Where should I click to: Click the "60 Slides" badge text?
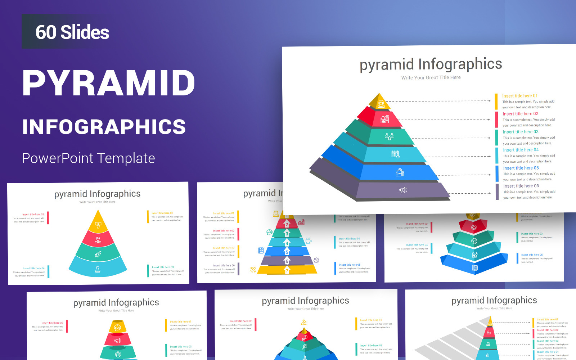pos(72,32)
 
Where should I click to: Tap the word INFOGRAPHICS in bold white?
pos(104,127)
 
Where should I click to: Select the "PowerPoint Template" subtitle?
pos(89,158)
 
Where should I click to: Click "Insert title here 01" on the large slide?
pos(520,96)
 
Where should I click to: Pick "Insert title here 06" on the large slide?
pos(521,186)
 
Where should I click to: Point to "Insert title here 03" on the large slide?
pos(521,132)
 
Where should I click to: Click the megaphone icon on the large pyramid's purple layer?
pos(403,190)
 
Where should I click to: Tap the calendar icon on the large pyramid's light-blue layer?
pos(395,154)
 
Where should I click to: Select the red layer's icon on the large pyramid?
pos(385,119)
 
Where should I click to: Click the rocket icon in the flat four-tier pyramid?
pos(98,255)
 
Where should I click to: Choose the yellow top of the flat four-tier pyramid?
pos(98,224)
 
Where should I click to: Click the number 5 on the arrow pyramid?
pos(287,252)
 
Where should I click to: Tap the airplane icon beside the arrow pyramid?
pos(253,270)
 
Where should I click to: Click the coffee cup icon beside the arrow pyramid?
pos(308,240)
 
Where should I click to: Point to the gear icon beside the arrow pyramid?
pos(316,260)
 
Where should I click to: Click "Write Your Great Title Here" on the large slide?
pos(431,77)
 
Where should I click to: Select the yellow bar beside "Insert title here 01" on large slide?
pos(496,102)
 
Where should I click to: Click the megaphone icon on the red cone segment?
pos(117,340)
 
